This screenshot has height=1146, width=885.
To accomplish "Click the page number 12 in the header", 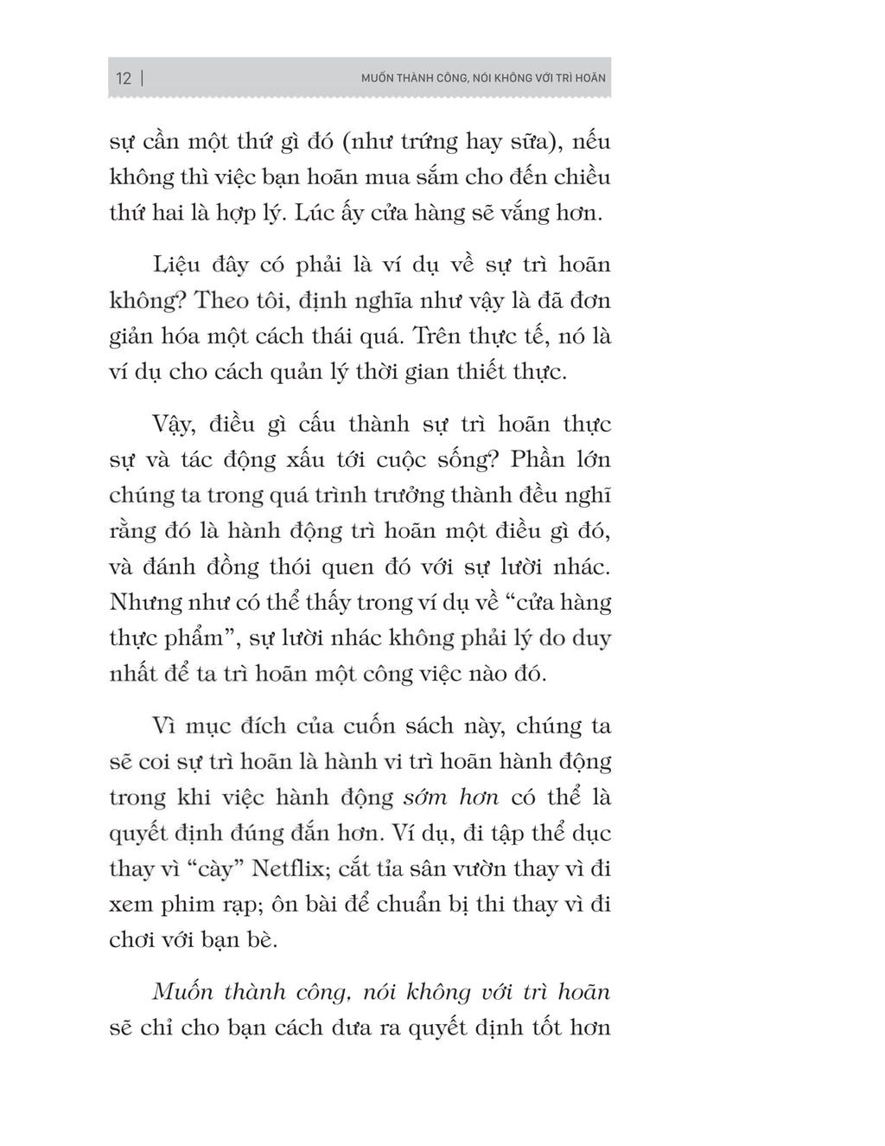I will point(124,79).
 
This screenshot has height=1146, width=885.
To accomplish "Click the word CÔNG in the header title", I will point(447,79).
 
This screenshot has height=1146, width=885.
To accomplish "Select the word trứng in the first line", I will point(427,142).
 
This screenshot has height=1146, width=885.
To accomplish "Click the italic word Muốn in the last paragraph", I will point(183,992).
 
